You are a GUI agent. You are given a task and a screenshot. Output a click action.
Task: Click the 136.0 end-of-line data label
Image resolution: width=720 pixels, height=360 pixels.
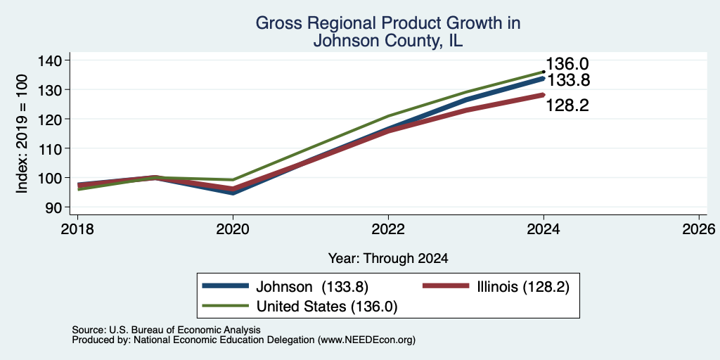click(x=567, y=64)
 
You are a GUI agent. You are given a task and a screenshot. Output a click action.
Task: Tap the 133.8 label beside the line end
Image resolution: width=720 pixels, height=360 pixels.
click(x=568, y=80)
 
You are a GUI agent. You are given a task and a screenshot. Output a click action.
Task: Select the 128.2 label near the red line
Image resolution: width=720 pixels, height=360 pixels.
click(x=567, y=106)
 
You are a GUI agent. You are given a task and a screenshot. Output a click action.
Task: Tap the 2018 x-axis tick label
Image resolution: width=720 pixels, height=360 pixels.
click(x=77, y=229)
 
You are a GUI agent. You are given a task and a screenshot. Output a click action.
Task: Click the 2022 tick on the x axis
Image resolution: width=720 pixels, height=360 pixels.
click(x=388, y=229)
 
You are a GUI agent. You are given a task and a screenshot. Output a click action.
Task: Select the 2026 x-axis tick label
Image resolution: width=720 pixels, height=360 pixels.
click(x=699, y=229)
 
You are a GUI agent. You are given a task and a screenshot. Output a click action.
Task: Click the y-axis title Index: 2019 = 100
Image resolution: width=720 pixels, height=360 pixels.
click(x=22, y=134)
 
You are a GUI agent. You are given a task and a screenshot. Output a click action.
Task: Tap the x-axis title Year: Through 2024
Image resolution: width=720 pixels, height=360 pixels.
click(x=388, y=259)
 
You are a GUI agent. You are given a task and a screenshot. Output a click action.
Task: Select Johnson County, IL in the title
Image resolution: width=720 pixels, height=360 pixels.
click(x=388, y=40)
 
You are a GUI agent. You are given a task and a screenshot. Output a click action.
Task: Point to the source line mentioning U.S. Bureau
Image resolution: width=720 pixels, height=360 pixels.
click(x=166, y=330)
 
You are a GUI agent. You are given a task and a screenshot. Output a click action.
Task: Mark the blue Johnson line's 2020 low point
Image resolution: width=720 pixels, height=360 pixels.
click(x=233, y=193)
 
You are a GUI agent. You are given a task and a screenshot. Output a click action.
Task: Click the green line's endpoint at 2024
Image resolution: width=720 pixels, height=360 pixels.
click(x=544, y=72)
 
